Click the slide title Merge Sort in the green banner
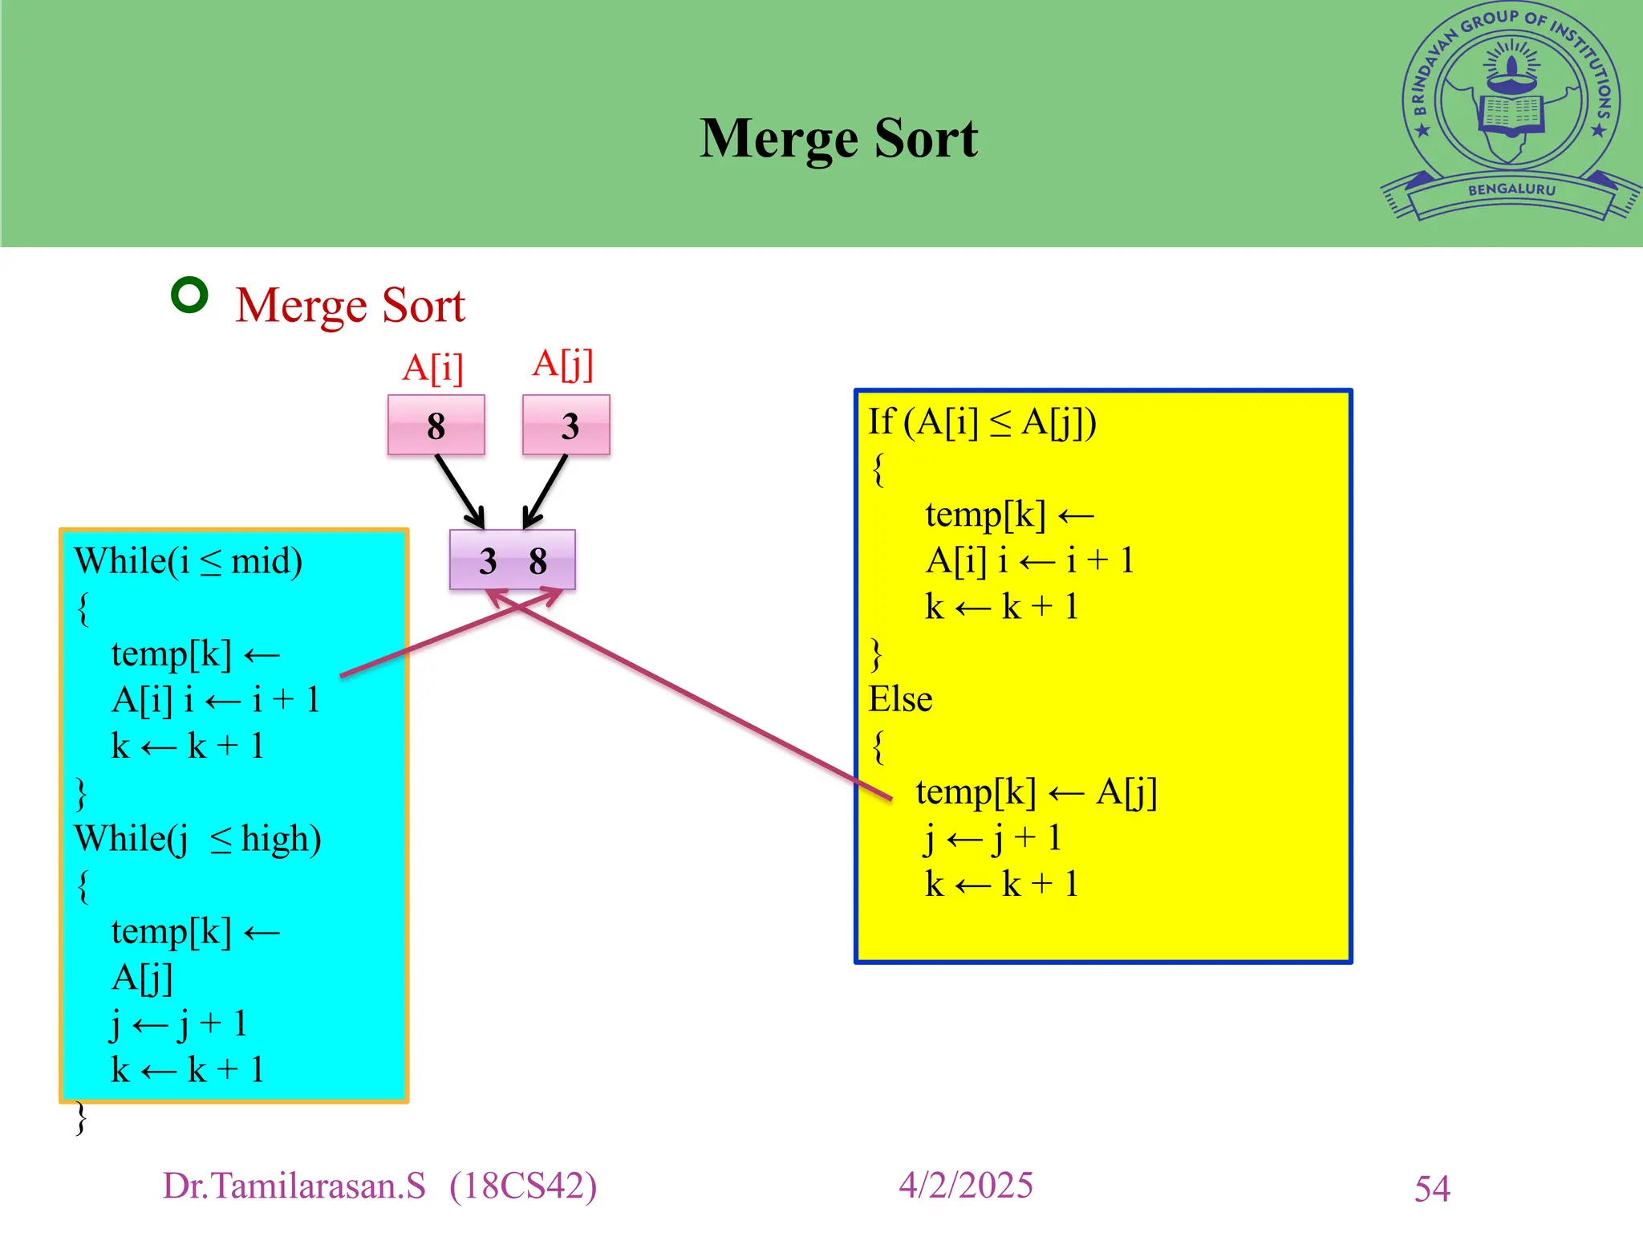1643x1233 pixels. [x=838, y=138]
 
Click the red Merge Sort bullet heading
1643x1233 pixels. [x=350, y=306]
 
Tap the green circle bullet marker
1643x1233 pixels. [x=190, y=295]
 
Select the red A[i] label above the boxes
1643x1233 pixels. [x=433, y=368]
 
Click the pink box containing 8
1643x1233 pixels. [x=436, y=425]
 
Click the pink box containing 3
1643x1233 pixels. [x=566, y=425]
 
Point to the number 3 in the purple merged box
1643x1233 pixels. [x=488, y=561]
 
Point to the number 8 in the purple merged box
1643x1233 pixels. [x=538, y=561]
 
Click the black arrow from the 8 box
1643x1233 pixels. [x=460, y=490]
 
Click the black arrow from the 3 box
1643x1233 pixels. [x=546, y=490]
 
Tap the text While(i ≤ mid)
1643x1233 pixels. [x=189, y=561]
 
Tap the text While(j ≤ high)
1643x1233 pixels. [x=197, y=839]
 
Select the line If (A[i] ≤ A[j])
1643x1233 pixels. [x=982, y=422]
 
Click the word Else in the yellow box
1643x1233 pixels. [x=900, y=699]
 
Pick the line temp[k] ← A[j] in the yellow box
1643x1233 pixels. [x=1036, y=792]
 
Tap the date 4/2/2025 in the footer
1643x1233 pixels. [x=966, y=1186]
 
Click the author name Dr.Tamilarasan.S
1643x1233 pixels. [x=294, y=1186]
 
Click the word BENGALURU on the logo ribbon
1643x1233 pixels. [x=1511, y=190]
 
